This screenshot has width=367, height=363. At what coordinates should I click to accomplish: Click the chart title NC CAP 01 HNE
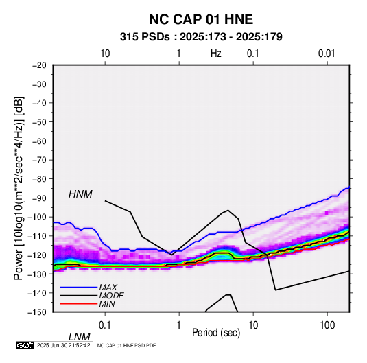tap(201, 19)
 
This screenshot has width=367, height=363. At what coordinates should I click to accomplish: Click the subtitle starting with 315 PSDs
tap(201, 37)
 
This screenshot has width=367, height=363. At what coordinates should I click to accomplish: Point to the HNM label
tap(80, 194)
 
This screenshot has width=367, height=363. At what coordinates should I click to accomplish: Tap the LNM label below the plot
tap(79, 337)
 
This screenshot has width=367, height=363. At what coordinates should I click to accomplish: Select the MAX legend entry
tap(108, 287)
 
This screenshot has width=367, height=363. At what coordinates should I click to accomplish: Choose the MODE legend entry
tap(111, 296)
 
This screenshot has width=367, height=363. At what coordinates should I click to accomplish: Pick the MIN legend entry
tap(107, 304)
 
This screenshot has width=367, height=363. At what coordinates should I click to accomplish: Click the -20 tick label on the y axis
tap(39, 65)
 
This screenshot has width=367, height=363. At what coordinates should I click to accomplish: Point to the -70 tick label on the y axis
tap(39, 160)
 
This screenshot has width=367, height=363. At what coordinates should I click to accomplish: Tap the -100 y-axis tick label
tap(37, 217)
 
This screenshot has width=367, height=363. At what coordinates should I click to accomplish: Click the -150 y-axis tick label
tap(37, 312)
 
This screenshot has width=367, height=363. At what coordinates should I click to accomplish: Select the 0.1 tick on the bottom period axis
tap(105, 325)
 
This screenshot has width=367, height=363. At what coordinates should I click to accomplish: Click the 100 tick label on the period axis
tap(327, 325)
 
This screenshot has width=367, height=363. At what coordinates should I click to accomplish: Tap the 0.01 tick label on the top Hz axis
tap(327, 54)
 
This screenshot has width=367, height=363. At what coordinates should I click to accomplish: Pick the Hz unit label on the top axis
tap(216, 54)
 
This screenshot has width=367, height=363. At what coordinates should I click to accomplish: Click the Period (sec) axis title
tap(216, 333)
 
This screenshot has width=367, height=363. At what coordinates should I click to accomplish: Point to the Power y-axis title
tap(19, 188)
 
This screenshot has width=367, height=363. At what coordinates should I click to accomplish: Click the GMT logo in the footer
tap(25, 345)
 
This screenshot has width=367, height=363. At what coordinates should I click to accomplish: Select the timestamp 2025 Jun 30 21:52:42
tap(63, 345)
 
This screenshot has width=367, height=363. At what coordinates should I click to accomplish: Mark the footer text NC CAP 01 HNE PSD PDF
tap(126, 345)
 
